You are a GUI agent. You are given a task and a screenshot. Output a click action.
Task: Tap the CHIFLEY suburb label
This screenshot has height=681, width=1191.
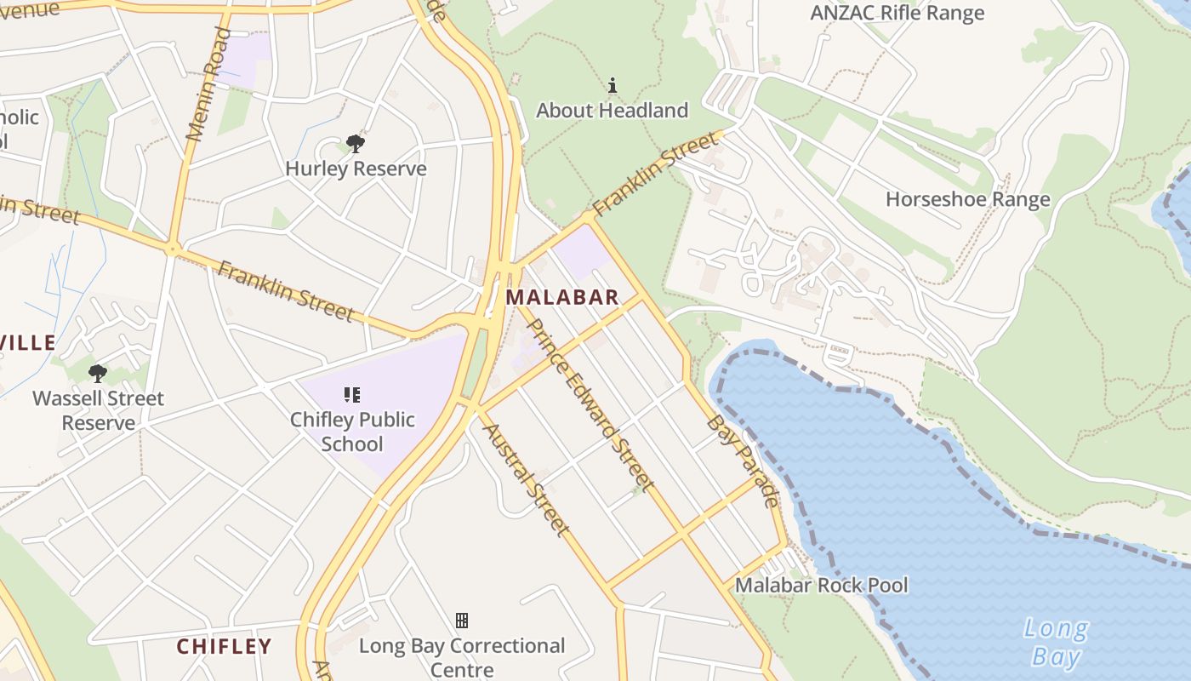[224, 646]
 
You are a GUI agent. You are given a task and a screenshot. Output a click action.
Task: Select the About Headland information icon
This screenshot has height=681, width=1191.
[612, 85]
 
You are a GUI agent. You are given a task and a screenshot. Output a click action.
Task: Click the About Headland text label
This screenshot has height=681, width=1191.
[612, 111]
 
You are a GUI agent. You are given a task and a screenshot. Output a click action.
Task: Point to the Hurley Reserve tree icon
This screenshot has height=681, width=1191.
[356, 143]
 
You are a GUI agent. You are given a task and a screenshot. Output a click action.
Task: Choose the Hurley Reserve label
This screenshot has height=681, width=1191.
[356, 169]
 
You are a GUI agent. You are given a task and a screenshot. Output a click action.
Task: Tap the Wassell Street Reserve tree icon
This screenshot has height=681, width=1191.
[98, 373]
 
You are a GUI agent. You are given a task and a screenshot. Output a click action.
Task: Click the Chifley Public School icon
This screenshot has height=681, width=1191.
[352, 394]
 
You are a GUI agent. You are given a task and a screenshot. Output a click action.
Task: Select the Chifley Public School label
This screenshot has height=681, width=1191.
[352, 432]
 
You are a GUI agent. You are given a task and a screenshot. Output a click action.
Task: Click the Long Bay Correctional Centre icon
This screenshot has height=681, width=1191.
[462, 620]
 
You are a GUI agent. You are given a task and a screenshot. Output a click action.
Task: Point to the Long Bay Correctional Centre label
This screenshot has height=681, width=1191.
[462, 657]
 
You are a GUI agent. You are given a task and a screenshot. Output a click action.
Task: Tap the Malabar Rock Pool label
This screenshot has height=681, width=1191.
[821, 586]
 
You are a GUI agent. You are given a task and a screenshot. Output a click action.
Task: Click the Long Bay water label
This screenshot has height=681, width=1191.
[1056, 643]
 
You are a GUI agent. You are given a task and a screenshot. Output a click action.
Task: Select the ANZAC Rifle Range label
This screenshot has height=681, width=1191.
[897, 13]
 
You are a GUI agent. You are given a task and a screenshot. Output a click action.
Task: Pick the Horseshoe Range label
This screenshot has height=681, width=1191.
[967, 199]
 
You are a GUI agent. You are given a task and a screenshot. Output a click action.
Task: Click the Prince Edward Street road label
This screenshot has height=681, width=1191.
[590, 404]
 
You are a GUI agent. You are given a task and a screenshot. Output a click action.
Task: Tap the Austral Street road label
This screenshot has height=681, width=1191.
[526, 478]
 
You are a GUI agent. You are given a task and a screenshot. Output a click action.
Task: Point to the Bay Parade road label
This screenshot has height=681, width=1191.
[743, 461]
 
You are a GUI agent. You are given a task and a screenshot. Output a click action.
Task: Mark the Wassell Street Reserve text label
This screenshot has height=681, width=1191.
[98, 410]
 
